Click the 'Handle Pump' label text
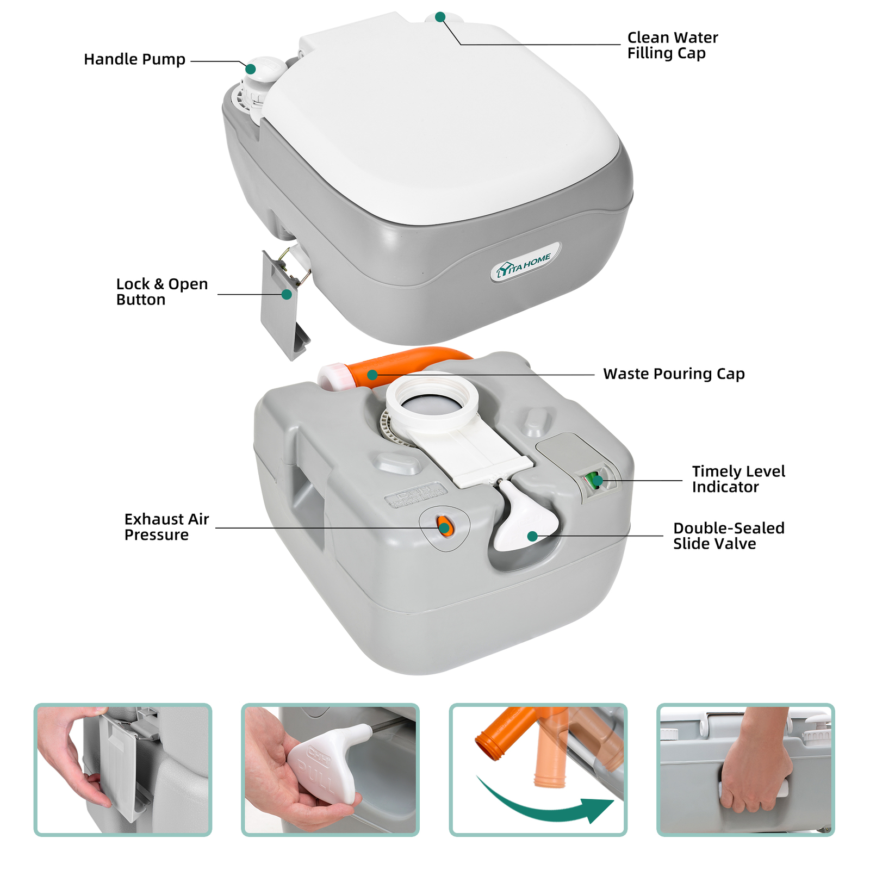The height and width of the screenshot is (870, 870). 134,59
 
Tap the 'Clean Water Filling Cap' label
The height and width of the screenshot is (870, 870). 672,45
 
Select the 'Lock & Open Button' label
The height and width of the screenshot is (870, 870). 161,292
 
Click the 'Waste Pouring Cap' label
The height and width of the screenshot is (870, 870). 673,374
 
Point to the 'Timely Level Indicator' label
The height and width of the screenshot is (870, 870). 738,479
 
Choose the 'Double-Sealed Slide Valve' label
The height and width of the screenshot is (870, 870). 728,536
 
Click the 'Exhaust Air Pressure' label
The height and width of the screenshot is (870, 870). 166,527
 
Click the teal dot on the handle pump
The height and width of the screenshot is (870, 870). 251,69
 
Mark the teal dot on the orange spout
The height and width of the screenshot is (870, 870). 372,375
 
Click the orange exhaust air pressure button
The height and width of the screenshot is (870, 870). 444,526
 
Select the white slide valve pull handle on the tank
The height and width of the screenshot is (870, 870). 525,522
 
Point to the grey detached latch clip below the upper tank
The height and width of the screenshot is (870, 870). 283,310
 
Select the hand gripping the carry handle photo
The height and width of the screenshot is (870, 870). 756,767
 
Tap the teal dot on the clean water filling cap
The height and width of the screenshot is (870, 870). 440,17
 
